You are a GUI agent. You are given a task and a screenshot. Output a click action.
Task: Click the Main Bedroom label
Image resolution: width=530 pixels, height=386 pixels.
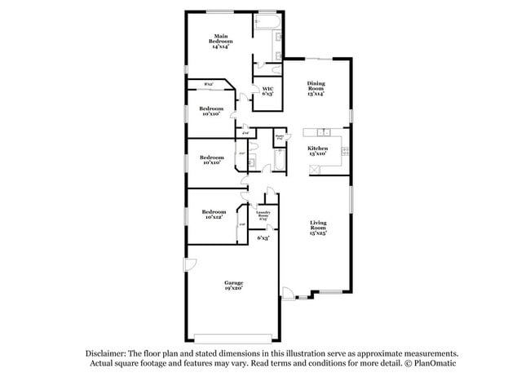tap(220, 41)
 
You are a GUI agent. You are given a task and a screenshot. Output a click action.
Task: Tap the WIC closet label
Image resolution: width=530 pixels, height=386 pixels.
tap(267, 91)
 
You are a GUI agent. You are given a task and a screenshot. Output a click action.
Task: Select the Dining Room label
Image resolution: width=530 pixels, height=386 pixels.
tap(316, 88)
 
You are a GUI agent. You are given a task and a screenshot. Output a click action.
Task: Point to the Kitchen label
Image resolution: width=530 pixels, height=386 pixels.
tap(317, 150)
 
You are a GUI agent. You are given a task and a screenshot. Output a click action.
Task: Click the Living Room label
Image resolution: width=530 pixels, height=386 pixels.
tap(317, 228)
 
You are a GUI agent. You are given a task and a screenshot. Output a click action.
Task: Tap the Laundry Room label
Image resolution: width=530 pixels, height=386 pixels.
tap(263, 217)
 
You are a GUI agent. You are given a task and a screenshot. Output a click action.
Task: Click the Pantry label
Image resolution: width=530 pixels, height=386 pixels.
tap(279, 138)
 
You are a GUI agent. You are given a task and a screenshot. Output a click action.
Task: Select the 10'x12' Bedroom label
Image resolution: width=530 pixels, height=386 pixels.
tap(213, 215)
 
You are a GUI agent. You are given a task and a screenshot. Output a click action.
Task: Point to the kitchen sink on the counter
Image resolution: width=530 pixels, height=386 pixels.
tap(321, 131)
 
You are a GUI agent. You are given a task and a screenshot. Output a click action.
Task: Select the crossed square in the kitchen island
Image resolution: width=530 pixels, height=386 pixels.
tap(312, 168)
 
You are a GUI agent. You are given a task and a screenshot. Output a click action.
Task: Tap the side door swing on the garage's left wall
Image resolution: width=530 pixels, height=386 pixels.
tap(189, 265)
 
